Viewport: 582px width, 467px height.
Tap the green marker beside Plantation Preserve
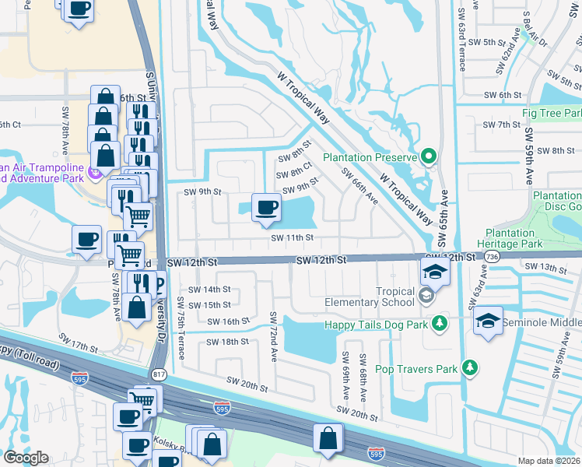(x=428, y=157)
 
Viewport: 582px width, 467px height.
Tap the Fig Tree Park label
(x=552, y=114)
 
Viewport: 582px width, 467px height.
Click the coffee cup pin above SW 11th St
(x=267, y=208)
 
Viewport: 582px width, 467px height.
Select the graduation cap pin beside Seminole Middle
(x=488, y=321)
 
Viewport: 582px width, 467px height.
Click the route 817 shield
(x=160, y=374)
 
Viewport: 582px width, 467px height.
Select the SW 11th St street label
(x=292, y=238)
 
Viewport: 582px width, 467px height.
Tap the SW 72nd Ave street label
(x=274, y=335)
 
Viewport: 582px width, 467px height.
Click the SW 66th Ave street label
(x=359, y=189)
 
